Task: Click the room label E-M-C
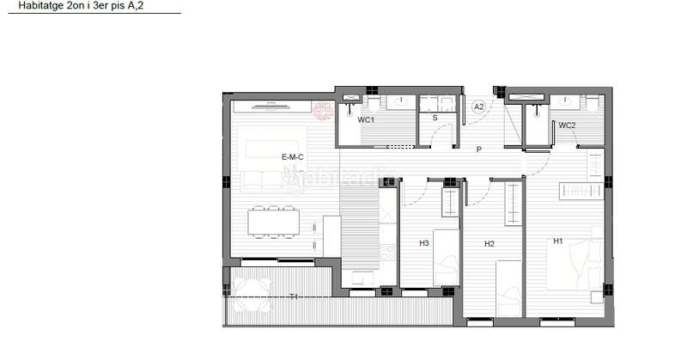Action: point(292,157)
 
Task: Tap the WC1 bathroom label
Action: point(367,120)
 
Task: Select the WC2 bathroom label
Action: point(567,125)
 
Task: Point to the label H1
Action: point(557,241)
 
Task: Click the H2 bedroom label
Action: point(489,244)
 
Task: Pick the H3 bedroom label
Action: point(424,243)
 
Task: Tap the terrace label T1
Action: point(294,296)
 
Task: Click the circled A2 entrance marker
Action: point(480,107)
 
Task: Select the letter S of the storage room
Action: point(435,118)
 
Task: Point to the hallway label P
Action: point(480,149)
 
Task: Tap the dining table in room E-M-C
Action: point(274,223)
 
